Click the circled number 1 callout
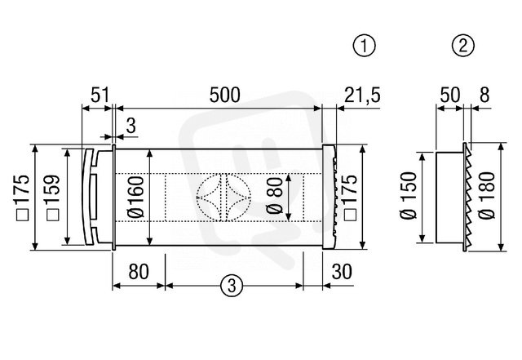click(x=365, y=46)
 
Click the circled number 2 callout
click(x=463, y=46)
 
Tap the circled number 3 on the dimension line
click(x=232, y=286)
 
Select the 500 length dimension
click(x=225, y=95)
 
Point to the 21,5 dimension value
click(x=362, y=96)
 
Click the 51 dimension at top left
click(x=100, y=95)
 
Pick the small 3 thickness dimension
click(x=131, y=126)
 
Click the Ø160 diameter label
click(x=135, y=197)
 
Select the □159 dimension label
click(x=52, y=198)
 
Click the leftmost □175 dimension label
click(x=23, y=198)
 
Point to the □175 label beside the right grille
click(x=350, y=198)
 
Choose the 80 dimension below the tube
click(x=139, y=271)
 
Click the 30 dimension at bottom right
click(x=342, y=271)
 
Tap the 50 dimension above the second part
click(x=450, y=95)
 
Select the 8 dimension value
click(x=484, y=95)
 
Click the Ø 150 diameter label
click(x=409, y=196)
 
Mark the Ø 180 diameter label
click(x=487, y=196)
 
